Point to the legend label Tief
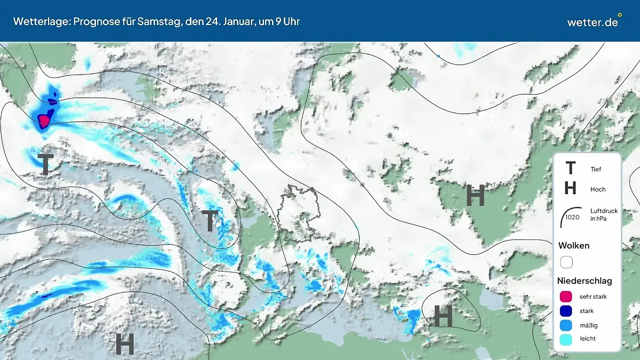point(596,170)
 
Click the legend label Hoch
point(598,189)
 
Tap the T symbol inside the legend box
point(570,169)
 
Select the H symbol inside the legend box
point(570,188)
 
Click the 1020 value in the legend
point(572,217)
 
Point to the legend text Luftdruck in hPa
point(604,214)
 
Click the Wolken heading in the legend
point(574,246)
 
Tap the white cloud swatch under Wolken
point(566,262)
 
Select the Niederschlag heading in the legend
point(585,281)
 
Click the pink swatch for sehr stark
point(566,297)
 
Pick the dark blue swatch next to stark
point(566,311)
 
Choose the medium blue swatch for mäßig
point(566,325)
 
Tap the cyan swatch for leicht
point(566,339)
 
